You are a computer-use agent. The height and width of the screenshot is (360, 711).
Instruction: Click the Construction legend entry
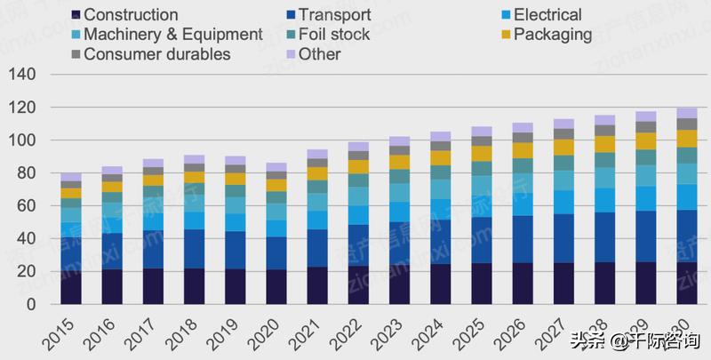[x=130, y=15]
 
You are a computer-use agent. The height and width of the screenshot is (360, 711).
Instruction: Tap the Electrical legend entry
[x=547, y=15]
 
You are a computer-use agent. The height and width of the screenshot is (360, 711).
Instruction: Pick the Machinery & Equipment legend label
[x=172, y=35]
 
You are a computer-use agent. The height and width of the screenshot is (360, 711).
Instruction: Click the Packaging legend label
[x=552, y=35]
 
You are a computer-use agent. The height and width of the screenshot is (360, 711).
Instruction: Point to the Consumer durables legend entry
[x=156, y=54]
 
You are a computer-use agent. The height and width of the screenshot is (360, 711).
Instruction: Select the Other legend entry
[x=319, y=54]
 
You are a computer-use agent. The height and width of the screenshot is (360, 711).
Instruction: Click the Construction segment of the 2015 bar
[x=71, y=288]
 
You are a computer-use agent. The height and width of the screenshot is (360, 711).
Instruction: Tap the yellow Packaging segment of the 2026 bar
[x=523, y=150]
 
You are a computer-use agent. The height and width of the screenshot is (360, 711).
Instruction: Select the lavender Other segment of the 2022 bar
[x=358, y=146]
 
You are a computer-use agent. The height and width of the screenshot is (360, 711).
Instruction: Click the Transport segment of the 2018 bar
[x=194, y=249]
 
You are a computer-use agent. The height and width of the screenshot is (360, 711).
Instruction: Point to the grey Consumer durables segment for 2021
[x=317, y=163]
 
